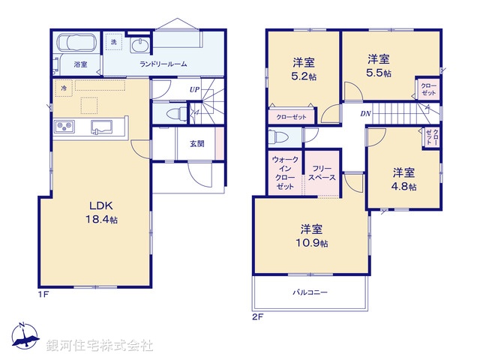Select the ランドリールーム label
pos(163,64)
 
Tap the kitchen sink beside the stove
pos(101,126)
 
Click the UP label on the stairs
pos(194,90)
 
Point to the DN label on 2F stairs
pos(365,114)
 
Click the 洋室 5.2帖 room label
pos(303,68)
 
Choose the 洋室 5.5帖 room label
pos(378,64)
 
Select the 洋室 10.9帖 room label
pos(312,236)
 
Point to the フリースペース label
pos(323,173)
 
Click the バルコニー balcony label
pos(310,292)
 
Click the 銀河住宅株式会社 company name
pos(100,346)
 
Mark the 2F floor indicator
pos(258,316)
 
